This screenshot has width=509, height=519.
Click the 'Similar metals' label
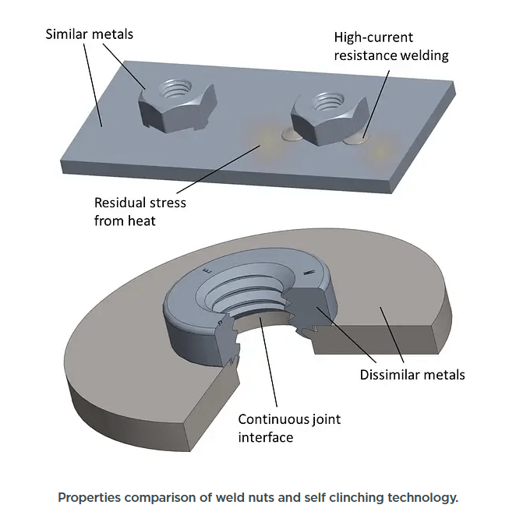tap(89, 34)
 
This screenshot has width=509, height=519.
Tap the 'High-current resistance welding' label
tap(391, 46)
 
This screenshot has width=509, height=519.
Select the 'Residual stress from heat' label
tap(140, 211)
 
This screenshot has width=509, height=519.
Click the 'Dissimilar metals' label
tap(412, 375)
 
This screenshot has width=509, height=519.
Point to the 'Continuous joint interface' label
tap(288, 428)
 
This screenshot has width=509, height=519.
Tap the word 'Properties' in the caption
tap(90, 498)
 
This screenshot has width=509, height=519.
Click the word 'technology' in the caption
tap(424, 498)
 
